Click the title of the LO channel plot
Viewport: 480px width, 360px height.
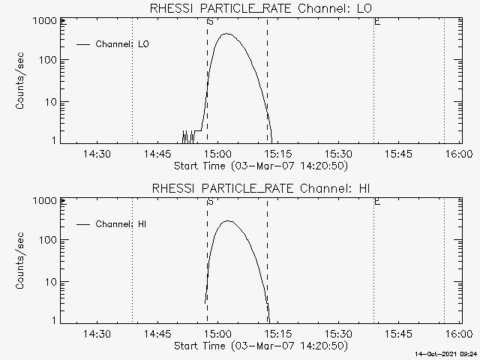[x=261, y=8]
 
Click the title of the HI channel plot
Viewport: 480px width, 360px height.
[x=261, y=188]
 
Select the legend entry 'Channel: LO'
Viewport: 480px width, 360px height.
[x=112, y=44]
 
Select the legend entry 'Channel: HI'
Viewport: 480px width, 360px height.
[x=111, y=224]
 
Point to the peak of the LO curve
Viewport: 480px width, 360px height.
[x=226, y=34]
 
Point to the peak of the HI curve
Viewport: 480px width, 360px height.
[x=228, y=220]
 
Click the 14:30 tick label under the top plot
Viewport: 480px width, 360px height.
[x=97, y=154]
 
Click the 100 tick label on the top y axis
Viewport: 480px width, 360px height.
[x=48, y=60]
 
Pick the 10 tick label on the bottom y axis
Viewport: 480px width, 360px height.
[x=51, y=282]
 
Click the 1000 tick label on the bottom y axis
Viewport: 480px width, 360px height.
[x=45, y=201]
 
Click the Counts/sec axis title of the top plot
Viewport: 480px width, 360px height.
[x=19, y=81]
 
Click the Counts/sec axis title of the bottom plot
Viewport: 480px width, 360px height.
[x=19, y=261]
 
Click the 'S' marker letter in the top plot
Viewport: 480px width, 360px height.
[x=210, y=22]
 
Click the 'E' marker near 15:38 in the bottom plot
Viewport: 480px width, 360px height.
[x=377, y=202]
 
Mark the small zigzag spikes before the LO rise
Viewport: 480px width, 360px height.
[x=188, y=136]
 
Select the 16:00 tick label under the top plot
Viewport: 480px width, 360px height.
[x=459, y=154]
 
